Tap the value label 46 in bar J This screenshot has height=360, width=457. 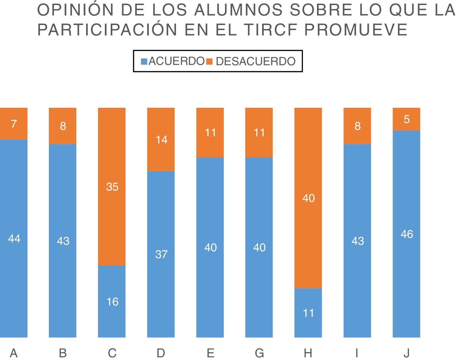(x=407, y=234)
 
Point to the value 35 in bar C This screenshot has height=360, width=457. (x=112, y=187)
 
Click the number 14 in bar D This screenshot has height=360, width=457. (x=161, y=140)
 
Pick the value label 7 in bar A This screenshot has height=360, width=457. (x=14, y=124)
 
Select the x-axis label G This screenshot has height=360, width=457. (x=259, y=353)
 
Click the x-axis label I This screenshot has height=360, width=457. (x=357, y=353)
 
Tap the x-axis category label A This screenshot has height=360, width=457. (x=14, y=353)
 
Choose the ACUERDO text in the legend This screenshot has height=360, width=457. (x=176, y=61)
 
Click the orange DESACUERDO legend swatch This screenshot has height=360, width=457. (x=210, y=62)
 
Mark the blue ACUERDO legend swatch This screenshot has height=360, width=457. (x=144, y=62)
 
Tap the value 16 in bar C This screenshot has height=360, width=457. (x=112, y=302)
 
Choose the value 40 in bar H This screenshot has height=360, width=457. (x=308, y=198)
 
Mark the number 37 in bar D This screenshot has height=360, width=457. (x=161, y=254)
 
